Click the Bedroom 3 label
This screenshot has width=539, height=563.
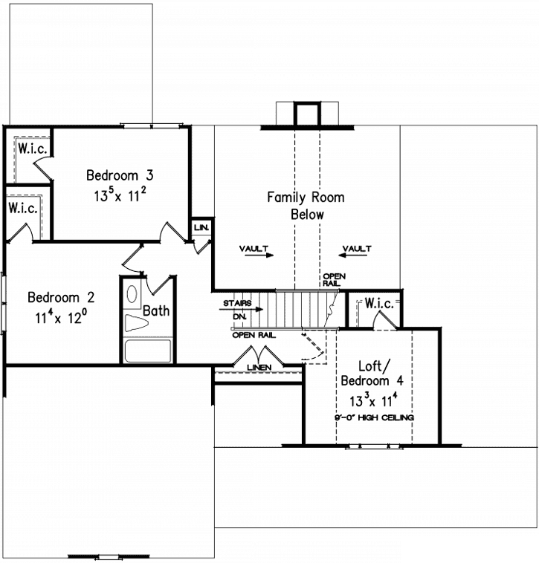coord(120,176)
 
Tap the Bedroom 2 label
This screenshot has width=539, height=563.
coord(61,298)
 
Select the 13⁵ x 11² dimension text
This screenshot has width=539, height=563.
coord(120,196)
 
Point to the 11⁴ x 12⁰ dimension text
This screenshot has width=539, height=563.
coord(61,317)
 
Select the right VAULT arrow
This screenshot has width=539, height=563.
coord(356,250)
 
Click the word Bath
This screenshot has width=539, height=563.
coord(156,310)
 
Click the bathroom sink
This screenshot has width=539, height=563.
coord(133,293)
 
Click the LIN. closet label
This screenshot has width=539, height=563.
coord(201,227)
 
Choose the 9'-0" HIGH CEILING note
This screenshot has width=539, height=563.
coord(373,418)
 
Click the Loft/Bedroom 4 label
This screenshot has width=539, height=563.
coord(372,373)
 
